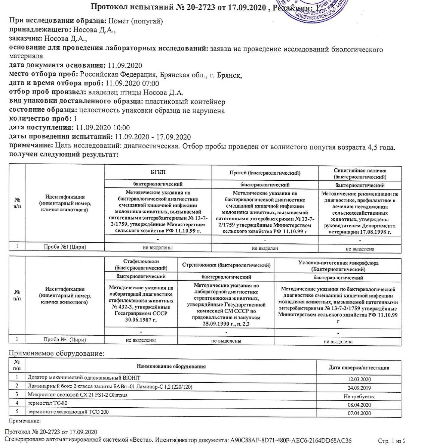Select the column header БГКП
click(x=158, y=172)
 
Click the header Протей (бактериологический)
click(x=265, y=172)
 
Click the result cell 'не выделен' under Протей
click(x=265, y=248)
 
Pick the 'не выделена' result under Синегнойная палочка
click(x=360, y=249)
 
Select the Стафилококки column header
click(x=141, y=265)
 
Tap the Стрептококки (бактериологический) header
click(x=226, y=265)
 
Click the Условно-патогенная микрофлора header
click(x=338, y=265)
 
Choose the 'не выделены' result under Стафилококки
click(x=141, y=340)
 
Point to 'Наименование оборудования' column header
click(x=171, y=367)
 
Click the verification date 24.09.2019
click(x=359, y=387)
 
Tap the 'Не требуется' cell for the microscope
click(x=359, y=396)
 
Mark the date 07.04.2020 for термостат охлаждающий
click(x=359, y=413)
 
